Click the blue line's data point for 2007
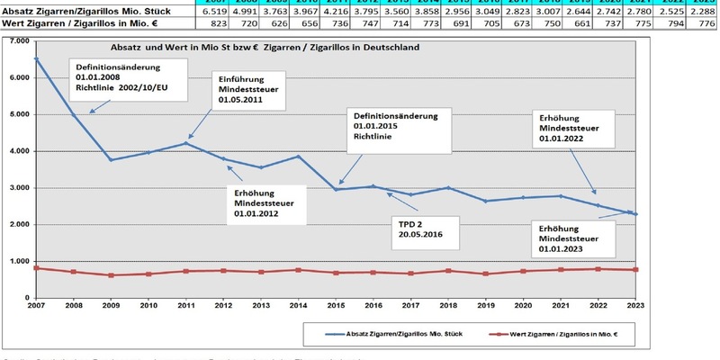point(36,59)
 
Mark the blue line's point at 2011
point(184,143)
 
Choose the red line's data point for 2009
point(111,275)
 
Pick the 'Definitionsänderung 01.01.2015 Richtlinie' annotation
point(394,129)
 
